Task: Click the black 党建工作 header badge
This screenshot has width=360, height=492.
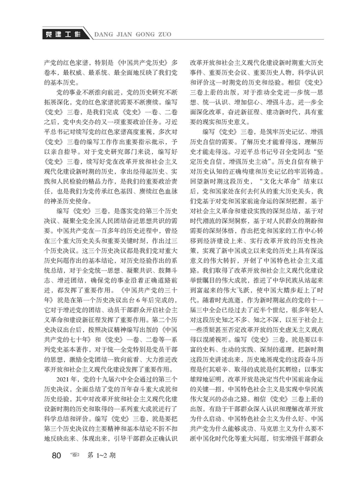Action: [x=63, y=34]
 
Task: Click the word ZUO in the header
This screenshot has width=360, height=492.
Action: [x=167, y=34]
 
